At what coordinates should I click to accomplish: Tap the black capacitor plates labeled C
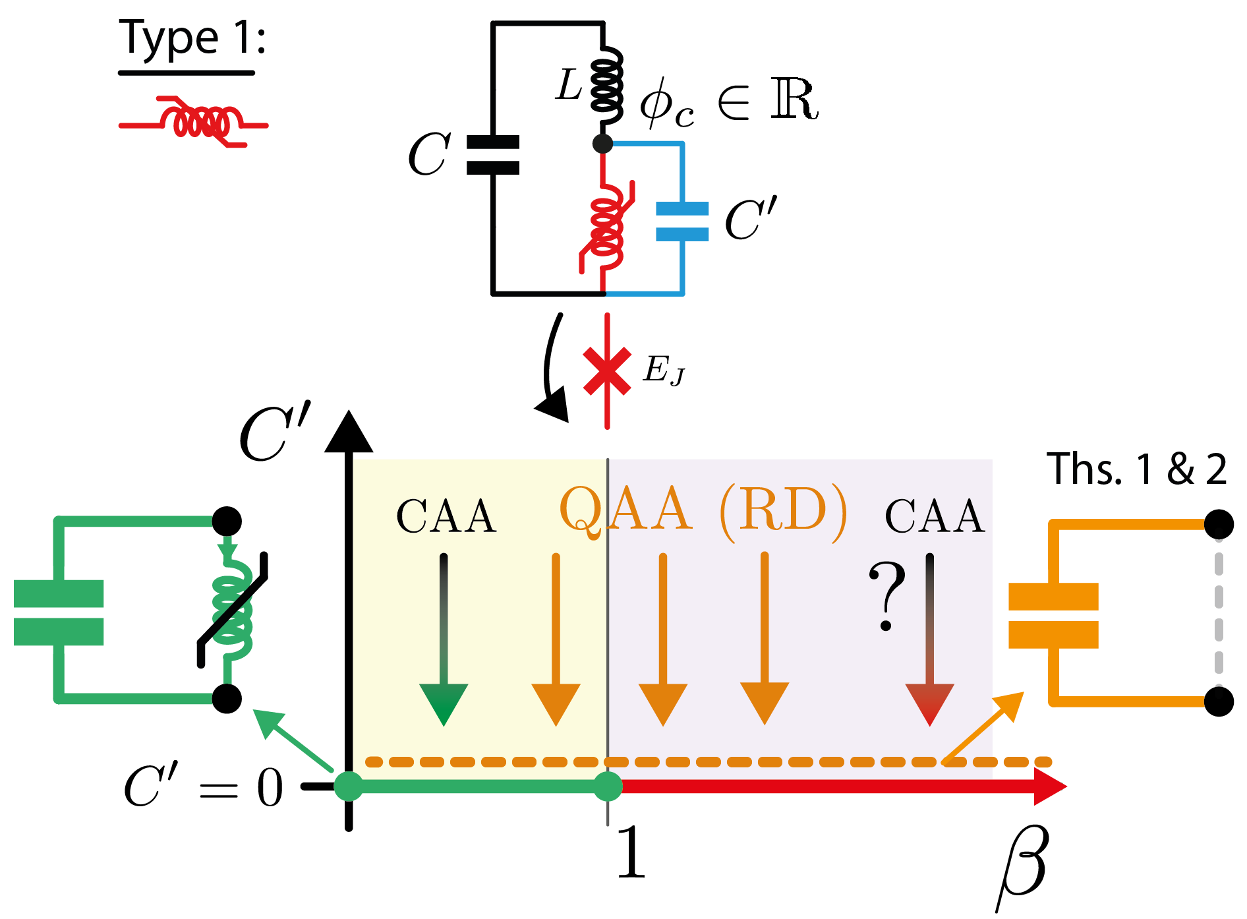point(492,155)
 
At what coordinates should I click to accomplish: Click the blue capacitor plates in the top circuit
point(682,222)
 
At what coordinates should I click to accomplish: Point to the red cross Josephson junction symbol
point(607,371)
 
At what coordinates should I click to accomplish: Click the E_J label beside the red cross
point(664,370)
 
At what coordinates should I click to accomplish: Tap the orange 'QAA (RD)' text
point(703,511)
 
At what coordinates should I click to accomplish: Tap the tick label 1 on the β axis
point(631,854)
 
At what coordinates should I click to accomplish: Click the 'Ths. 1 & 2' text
point(1136,470)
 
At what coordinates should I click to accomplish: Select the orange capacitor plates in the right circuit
point(1053,616)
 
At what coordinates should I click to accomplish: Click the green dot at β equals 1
point(608,786)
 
